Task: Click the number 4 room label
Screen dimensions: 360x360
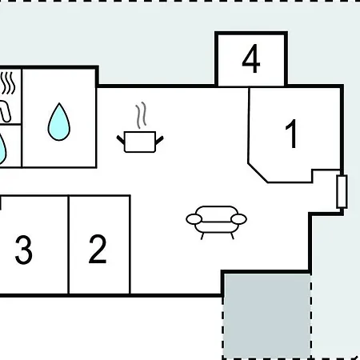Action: click(x=251, y=58)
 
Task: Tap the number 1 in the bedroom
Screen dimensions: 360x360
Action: click(x=291, y=134)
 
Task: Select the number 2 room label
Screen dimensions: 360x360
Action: click(x=98, y=250)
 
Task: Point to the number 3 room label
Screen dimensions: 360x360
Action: click(x=24, y=250)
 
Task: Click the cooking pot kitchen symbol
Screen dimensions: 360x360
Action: click(x=140, y=142)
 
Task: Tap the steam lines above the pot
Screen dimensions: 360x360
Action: click(x=141, y=115)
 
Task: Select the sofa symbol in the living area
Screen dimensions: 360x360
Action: click(x=216, y=222)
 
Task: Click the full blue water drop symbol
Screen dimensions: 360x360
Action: click(x=59, y=122)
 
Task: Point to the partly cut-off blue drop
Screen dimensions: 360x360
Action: click(x=2, y=150)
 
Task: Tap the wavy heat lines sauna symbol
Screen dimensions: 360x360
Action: click(x=7, y=83)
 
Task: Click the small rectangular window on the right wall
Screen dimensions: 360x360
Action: click(x=342, y=191)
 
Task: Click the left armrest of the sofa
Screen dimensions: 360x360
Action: click(x=194, y=219)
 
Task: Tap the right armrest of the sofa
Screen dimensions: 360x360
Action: click(x=238, y=219)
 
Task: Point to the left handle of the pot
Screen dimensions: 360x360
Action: click(x=121, y=140)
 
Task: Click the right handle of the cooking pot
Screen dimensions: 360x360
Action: click(x=159, y=140)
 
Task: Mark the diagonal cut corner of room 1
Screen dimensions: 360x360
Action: click(x=258, y=173)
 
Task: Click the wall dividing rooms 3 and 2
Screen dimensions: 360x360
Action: click(x=69, y=245)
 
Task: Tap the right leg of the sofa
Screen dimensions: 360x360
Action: click(x=232, y=236)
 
